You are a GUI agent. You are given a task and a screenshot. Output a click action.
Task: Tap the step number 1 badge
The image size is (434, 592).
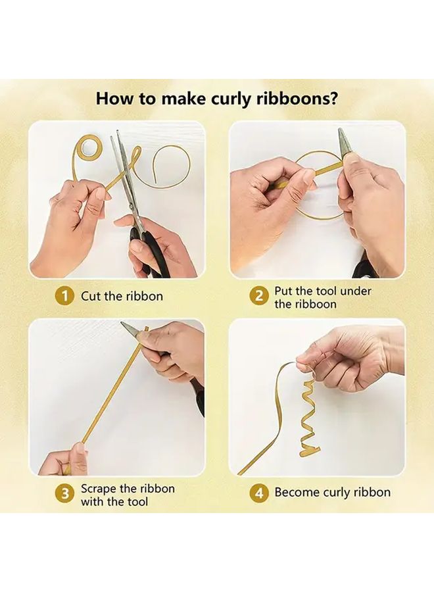coord(64,296)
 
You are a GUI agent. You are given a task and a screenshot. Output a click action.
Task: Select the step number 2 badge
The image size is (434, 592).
coord(259,297)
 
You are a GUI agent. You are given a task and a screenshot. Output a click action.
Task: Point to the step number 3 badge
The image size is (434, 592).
coord(64,495)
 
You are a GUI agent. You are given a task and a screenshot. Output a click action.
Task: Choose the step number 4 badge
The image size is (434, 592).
coord(259,492)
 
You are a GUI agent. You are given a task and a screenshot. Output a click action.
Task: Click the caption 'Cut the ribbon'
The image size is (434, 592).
coord(122,296)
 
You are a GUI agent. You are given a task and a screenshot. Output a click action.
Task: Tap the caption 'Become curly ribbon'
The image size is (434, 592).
coord(332,492)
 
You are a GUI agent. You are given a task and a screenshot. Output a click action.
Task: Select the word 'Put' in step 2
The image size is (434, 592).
coord(285,291)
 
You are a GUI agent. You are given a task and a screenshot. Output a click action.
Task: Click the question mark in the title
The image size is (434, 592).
coord(335,99)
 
